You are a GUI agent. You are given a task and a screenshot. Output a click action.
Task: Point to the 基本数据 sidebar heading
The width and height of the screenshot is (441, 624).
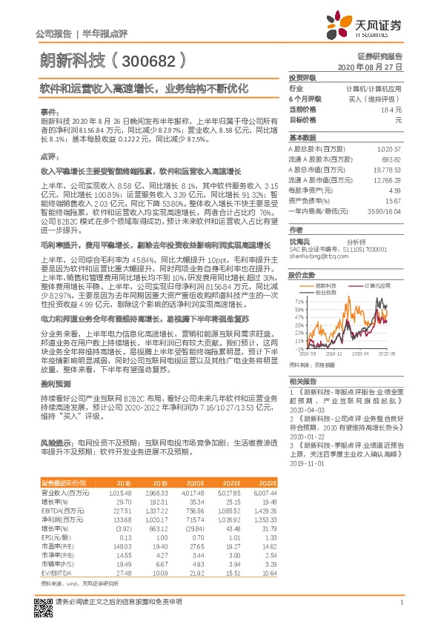pyautogui.click(x=302, y=138)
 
